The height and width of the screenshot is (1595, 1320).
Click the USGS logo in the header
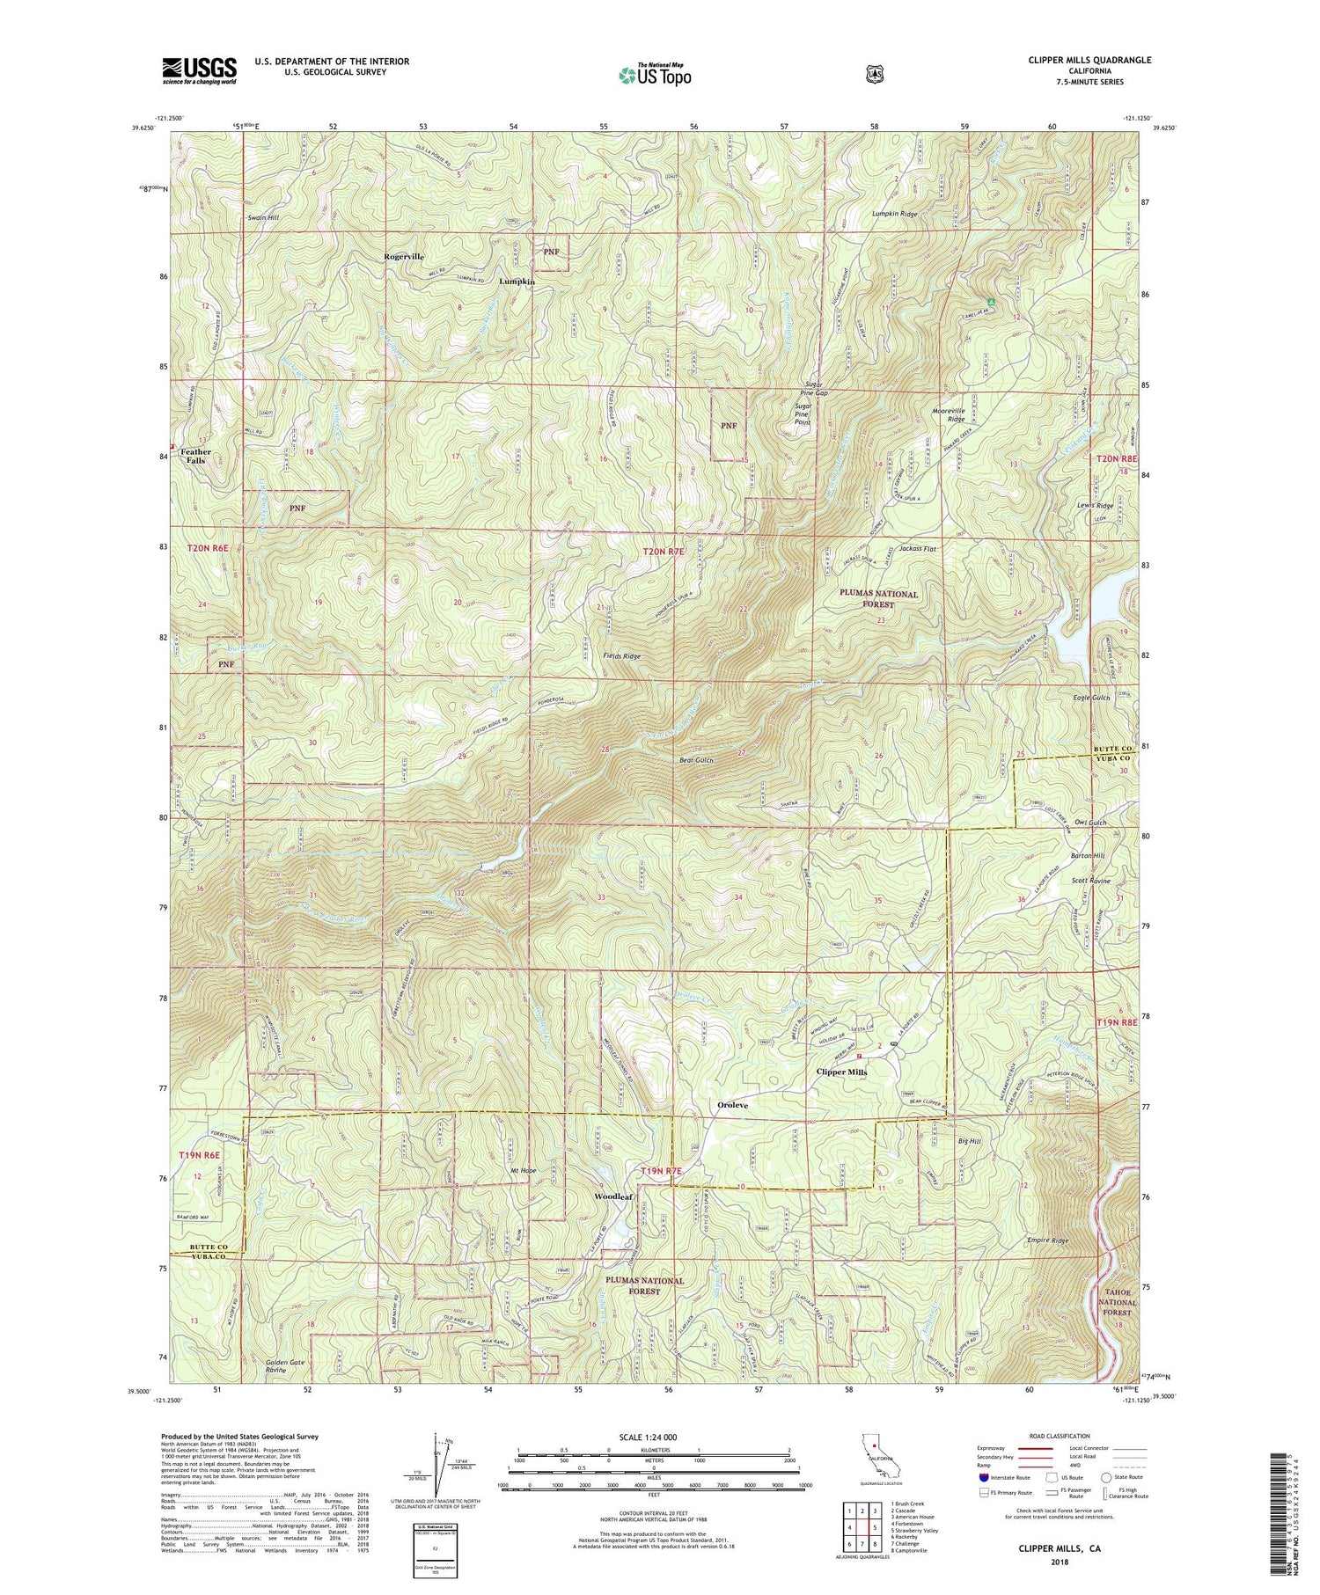pyautogui.click(x=199, y=70)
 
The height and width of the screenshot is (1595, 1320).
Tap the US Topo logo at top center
pyautogui.click(x=655, y=75)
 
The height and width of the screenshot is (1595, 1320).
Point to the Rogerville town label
pyautogui.click(x=403, y=256)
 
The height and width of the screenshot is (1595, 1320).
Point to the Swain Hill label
pyautogui.click(x=263, y=216)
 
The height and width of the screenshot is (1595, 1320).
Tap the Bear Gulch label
pyautogui.click(x=696, y=759)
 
